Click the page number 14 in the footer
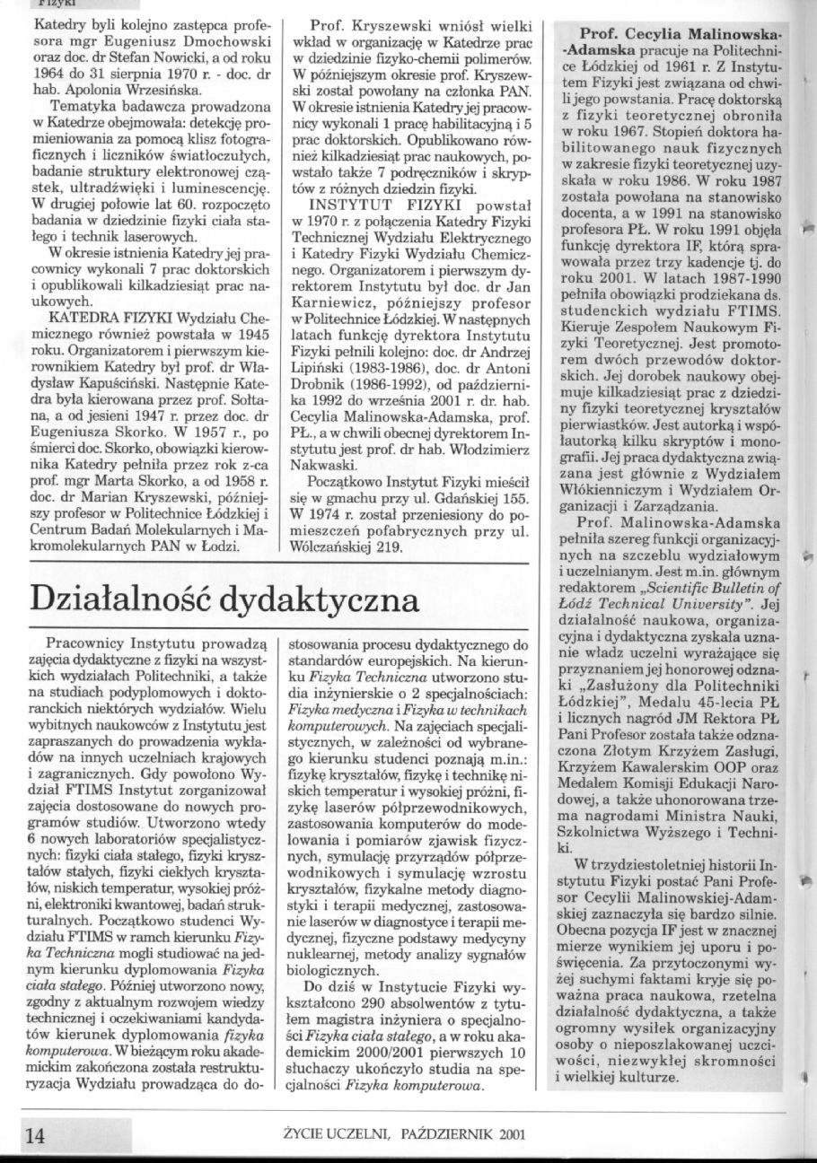[x=35, y=1135]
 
